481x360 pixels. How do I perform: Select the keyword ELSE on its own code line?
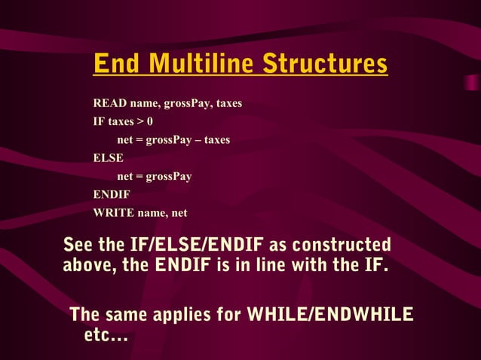click(x=108, y=158)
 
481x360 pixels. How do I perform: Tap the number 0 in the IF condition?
click(x=150, y=121)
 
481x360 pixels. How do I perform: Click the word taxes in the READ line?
click(x=229, y=103)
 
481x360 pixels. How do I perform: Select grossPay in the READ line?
click(x=186, y=103)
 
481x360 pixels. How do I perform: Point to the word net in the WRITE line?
click(x=179, y=212)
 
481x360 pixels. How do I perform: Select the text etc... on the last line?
click(x=106, y=335)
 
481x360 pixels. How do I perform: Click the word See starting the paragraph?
click(x=78, y=246)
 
